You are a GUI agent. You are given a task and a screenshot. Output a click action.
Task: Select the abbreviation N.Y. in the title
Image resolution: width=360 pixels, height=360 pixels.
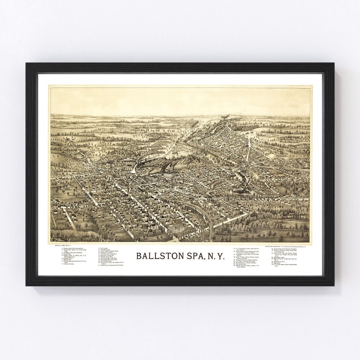point(215,256)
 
